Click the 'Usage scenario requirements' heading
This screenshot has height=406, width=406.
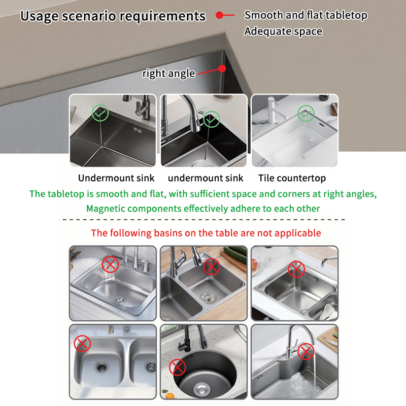pos(113,16)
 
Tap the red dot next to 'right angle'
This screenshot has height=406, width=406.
pos(222,69)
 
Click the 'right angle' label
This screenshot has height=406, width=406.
pos(168,74)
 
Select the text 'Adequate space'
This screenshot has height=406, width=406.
pos(283,31)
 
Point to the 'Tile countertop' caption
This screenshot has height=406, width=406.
pos(292,178)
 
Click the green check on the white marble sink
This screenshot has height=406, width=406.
pos(306,113)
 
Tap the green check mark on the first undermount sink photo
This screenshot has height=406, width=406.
pos(100,113)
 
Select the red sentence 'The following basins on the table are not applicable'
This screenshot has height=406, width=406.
pos(206,233)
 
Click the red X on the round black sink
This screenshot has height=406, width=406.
pos(177,367)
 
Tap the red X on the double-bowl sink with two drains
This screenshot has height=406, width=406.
pos(82,344)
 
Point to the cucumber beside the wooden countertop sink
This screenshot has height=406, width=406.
pos(235,253)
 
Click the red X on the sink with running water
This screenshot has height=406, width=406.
pos(306,351)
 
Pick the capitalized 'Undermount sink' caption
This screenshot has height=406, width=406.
pos(116,178)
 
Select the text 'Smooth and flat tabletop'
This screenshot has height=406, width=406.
pos(306,15)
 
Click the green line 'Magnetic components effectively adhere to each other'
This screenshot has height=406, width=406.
pos(203,209)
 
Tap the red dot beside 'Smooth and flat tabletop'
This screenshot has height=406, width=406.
pos(220,15)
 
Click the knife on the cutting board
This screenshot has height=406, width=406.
pos(332,343)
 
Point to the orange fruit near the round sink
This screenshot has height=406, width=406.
pos(170,396)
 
